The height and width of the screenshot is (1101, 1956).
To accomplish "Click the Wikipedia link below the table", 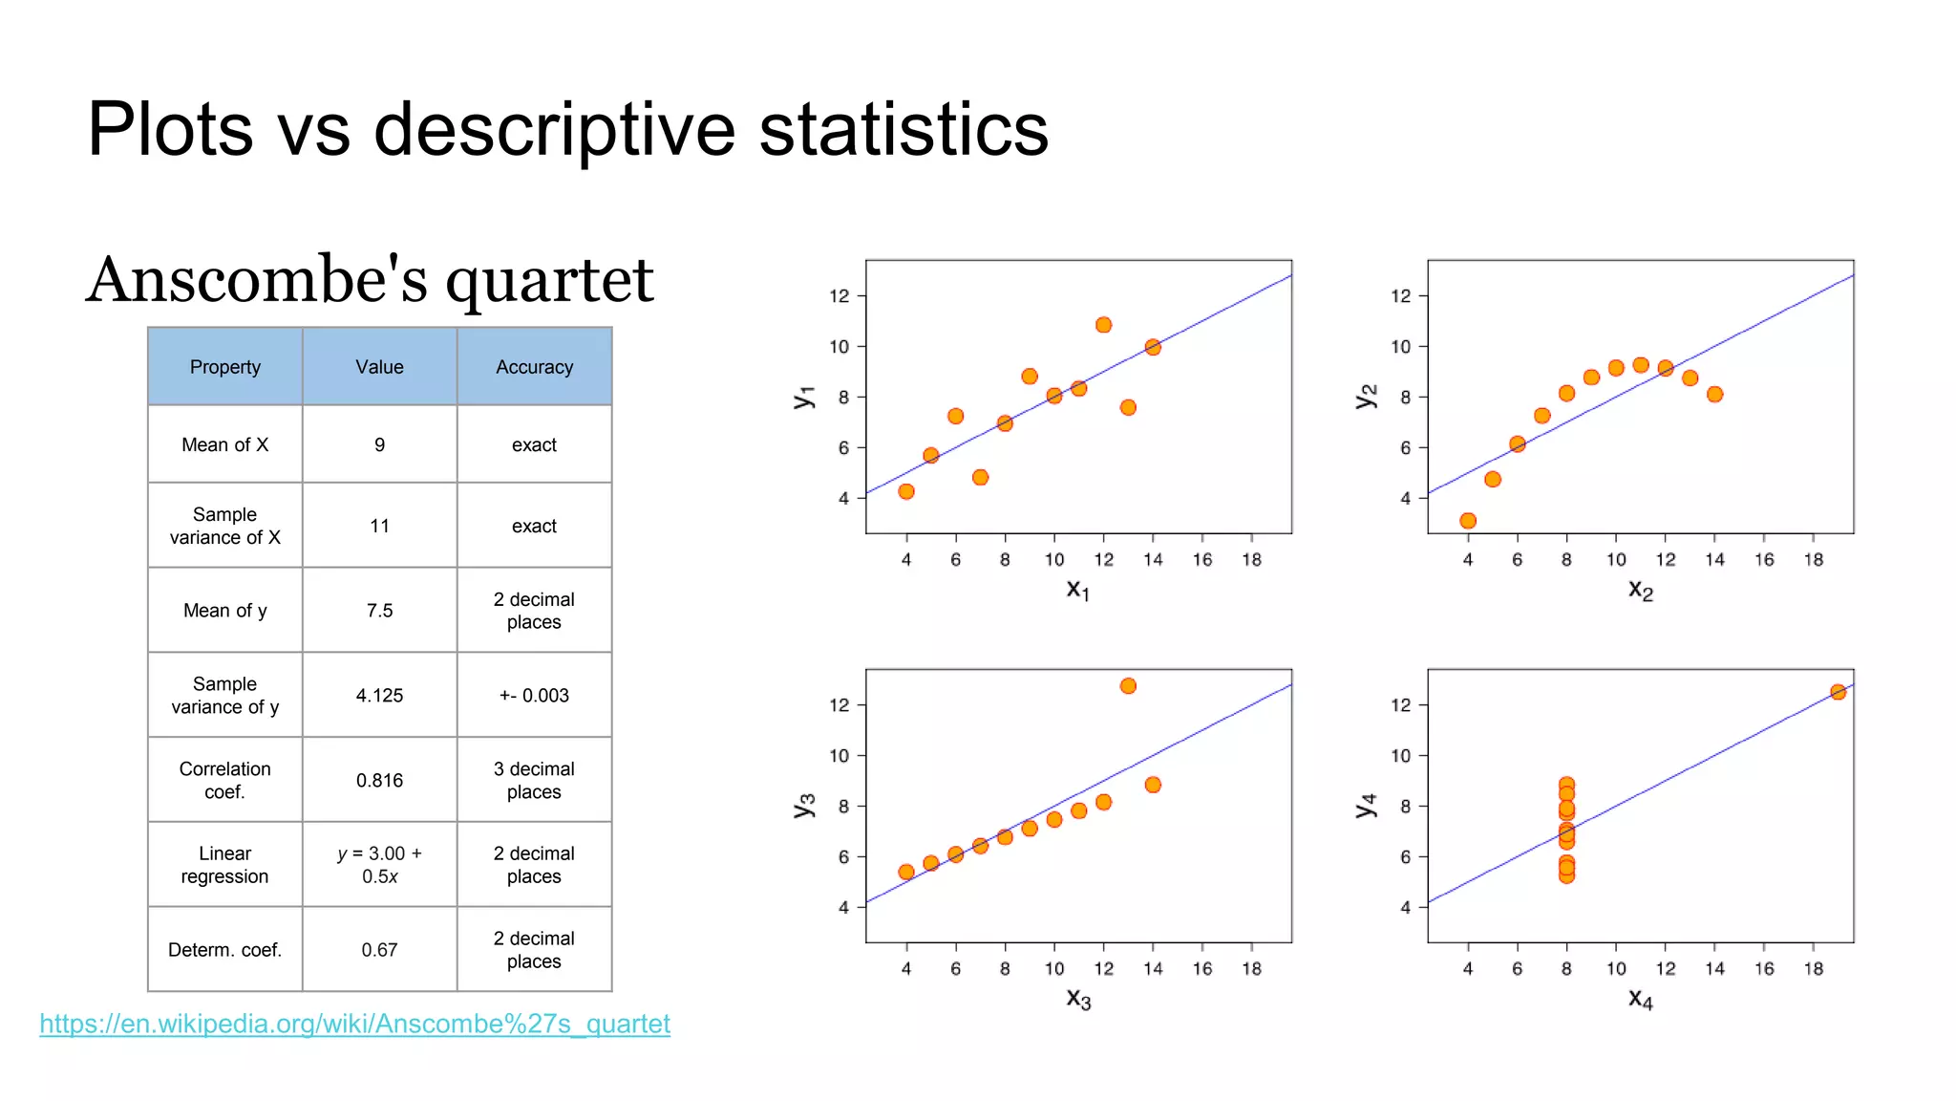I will pyautogui.click(x=354, y=1024).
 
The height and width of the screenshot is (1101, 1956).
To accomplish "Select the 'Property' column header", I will pyautogui.click(x=224, y=367).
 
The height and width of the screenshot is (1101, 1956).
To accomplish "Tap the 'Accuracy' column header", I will pyautogui.click(x=534, y=367).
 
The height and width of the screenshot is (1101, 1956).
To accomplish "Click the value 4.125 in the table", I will pyautogui.click(x=379, y=696).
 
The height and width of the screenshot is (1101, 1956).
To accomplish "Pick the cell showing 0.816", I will pyautogui.click(x=379, y=781).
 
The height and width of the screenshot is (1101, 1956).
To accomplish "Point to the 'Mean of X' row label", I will pyautogui.click(x=224, y=445).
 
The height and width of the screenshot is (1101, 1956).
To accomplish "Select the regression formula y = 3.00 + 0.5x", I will pyautogui.click(x=379, y=865).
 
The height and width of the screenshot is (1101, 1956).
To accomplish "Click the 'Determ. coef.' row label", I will pyautogui.click(x=224, y=950).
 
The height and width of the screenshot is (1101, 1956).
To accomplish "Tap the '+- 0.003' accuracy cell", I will pyautogui.click(x=534, y=696).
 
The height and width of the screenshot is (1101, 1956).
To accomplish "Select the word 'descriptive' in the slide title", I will pyautogui.click(x=554, y=130).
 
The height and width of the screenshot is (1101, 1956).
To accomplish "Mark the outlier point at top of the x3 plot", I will pyautogui.click(x=1128, y=686).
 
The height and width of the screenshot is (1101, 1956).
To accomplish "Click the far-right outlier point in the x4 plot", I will pyautogui.click(x=1838, y=692).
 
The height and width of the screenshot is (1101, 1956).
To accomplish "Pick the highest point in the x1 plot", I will pyautogui.click(x=1103, y=325).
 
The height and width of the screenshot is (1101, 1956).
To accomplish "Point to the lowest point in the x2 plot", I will pyautogui.click(x=1468, y=521).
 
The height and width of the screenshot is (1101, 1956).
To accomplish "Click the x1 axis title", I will pyautogui.click(x=1077, y=590).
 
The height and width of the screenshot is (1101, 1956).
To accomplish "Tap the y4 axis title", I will pyautogui.click(x=1366, y=806).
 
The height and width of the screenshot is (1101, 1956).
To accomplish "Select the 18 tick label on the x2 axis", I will pyautogui.click(x=1813, y=560).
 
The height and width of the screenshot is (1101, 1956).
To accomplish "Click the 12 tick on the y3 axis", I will pyautogui.click(x=839, y=705).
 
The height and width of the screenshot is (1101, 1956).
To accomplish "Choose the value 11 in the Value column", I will pyautogui.click(x=379, y=526).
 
